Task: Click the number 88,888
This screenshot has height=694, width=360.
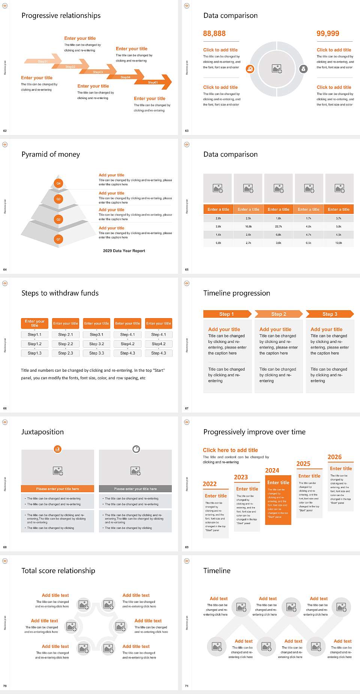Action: tap(214, 33)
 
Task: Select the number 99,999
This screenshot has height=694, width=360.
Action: tap(327, 33)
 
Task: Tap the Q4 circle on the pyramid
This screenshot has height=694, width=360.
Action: tap(58, 183)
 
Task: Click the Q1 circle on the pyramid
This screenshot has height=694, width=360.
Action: tap(58, 239)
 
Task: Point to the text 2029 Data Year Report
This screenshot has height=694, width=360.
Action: tap(124, 251)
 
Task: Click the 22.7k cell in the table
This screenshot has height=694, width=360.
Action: tap(278, 226)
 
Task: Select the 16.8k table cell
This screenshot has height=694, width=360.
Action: tap(248, 226)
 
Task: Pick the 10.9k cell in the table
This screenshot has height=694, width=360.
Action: tap(339, 243)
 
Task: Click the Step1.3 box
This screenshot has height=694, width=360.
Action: tap(34, 353)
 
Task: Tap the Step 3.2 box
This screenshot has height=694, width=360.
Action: tap(96, 344)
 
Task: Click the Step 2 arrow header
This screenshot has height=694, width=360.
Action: tap(278, 314)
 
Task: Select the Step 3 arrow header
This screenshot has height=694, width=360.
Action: tap(330, 314)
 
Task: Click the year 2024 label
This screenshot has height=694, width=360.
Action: tap(272, 470)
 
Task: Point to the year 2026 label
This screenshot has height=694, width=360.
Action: tap(334, 457)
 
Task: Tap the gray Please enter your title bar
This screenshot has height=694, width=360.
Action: tap(135, 489)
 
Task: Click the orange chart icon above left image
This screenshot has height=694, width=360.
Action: tap(57, 449)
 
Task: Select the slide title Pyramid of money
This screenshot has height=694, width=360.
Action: tap(51, 154)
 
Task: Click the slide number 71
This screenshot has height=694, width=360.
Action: tap(187, 686)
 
